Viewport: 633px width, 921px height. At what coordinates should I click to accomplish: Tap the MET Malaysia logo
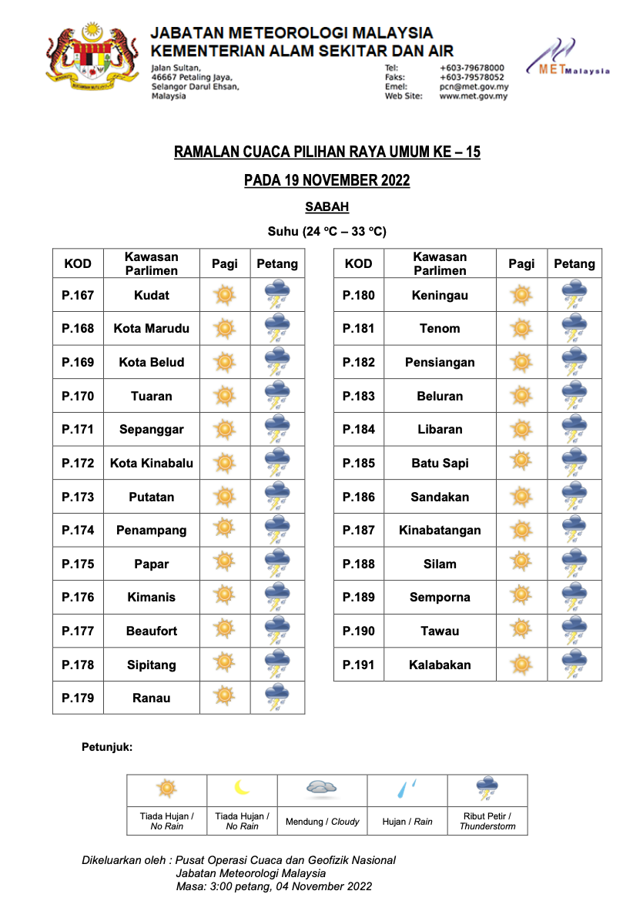click(x=568, y=60)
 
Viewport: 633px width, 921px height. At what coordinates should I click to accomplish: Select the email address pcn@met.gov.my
click(x=474, y=87)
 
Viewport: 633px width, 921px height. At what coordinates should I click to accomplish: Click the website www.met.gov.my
click(x=474, y=96)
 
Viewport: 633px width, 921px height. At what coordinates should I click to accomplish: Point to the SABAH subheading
click(x=327, y=206)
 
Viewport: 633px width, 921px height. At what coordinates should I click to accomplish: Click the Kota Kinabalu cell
click(x=152, y=463)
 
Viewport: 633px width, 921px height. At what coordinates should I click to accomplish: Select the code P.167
click(x=78, y=295)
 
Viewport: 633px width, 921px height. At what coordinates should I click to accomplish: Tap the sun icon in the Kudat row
click(x=224, y=295)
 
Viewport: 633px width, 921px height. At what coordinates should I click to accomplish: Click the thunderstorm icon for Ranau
click(x=277, y=698)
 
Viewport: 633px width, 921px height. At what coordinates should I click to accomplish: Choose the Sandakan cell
click(x=440, y=497)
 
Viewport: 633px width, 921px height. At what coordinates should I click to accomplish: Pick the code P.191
click(x=358, y=665)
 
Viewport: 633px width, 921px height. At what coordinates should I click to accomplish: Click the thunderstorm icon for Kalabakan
click(x=574, y=665)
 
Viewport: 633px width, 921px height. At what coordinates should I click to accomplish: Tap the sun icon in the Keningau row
click(x=521, y=295)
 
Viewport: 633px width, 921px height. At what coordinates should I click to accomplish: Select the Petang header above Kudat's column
click(x=277, y=263)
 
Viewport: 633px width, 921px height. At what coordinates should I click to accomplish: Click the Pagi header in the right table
click(x=521, y=263)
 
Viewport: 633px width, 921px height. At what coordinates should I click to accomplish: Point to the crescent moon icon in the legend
click(x=243, y=788)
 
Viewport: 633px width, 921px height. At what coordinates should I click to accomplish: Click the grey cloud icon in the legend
click(x=322, y=787)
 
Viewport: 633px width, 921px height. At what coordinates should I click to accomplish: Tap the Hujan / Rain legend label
click(x=407, y=822)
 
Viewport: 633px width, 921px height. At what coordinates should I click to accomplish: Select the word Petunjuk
click(x=107, y=747)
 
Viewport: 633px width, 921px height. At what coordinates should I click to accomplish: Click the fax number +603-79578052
click(x=472, y=77)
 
